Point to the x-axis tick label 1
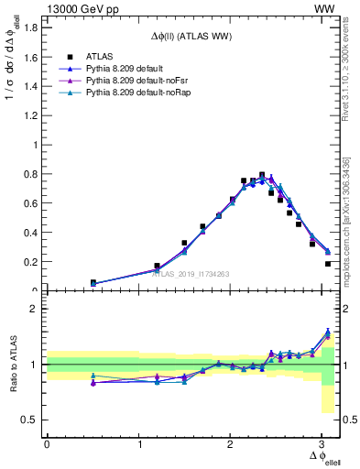point(138,444)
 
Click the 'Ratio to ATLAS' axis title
point(14,364)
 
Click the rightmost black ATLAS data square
point(328,264)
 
